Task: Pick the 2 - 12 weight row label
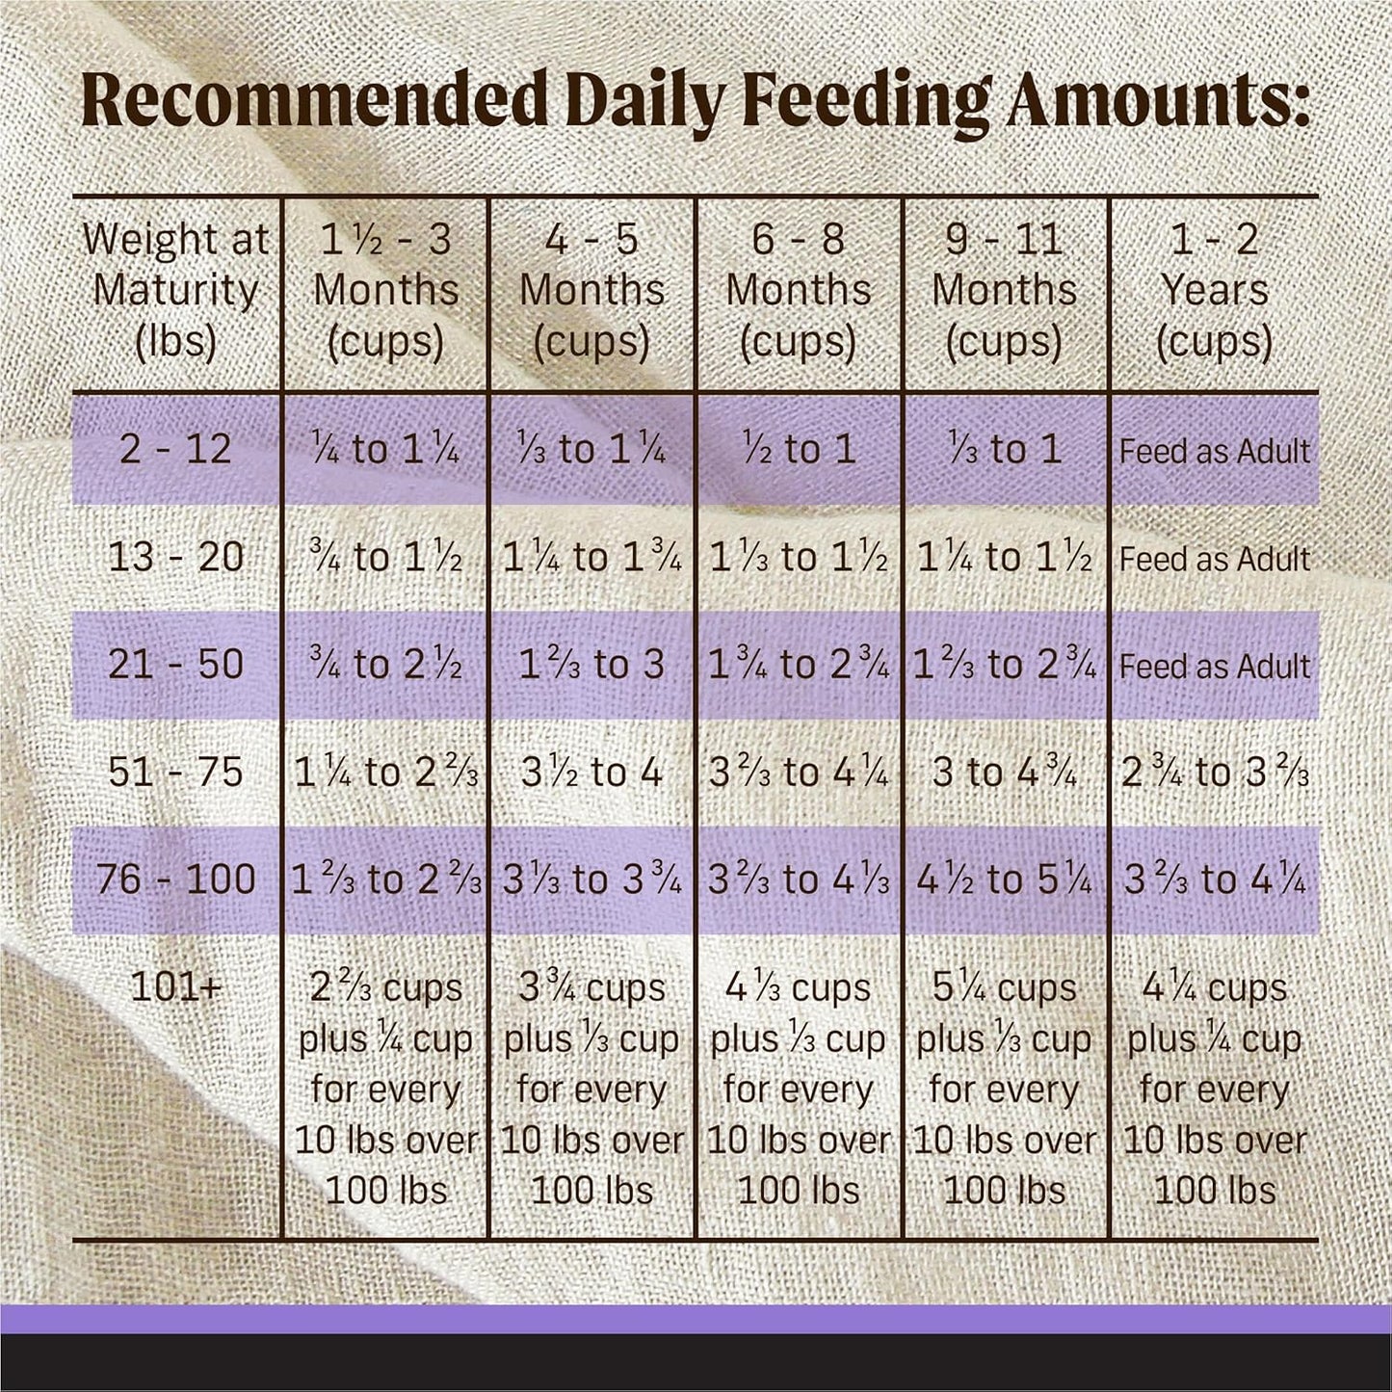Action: click(176, 449)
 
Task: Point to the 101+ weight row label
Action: click(176, 987)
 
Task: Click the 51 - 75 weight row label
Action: click(176, 773)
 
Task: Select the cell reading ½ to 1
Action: click(799, 449)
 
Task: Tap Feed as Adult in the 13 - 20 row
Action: click(1214, 558)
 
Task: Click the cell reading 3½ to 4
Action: click(591, 773)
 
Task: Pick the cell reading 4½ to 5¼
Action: click(1005, 880)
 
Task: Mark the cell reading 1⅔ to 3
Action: click(591, 665)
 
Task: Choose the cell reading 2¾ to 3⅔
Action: click(1214, 773)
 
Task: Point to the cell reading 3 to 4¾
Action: click(1005, 773)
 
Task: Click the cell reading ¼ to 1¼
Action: click(385, 449)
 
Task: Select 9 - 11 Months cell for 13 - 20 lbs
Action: click(1005, 558)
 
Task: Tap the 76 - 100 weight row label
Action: click(176, 880)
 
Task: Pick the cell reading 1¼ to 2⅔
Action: click(385, 773)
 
